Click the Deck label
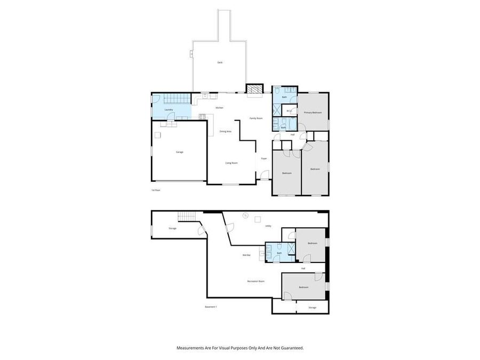(220, 62)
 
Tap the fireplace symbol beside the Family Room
(254, 89)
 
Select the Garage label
(180, 152)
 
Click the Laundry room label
(169, 110)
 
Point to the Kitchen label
(219, 108)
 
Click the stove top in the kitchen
(202, 117)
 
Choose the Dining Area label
(225, 131)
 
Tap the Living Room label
(231, 163)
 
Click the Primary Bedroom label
(313, 113)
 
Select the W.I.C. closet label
(288, 111)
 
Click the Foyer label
(263, 158)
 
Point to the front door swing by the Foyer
(260, 175)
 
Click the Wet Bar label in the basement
(246, 255)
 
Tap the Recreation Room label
(256, 281)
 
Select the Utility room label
(268, 226)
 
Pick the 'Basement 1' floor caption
(211, 307)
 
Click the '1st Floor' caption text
(156, 190)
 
